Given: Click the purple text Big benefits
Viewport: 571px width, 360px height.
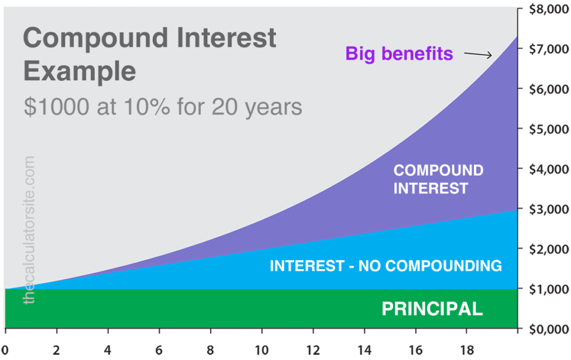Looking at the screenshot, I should [x=399, y=53].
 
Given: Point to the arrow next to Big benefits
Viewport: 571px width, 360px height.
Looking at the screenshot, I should [x=478, y=54].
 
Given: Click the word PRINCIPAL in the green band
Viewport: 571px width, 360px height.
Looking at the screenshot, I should [x=432, y=309].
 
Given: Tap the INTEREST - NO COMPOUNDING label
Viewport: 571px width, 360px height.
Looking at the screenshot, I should [x=385, y=266].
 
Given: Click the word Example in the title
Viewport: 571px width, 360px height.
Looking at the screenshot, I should [x=79, y=71].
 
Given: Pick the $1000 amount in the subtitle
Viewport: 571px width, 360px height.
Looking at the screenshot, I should [x=55, y=106].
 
